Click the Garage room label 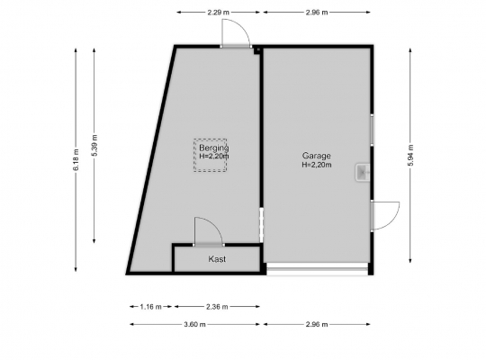pyautogui.click(x=317, y=156)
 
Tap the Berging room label pyautogui.click(x=214, y=148)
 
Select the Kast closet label pyautogui.click(x=217, y=259)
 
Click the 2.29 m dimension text pyautogui.click(x=218, y=13)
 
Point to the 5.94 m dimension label pyautogui.click(x=410, y=156)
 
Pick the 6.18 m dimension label pyautogui.click(x=76, y=159)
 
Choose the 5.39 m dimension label pyautogui.click(x=94, y=146)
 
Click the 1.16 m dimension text pyautogui.click(x=150, y=307)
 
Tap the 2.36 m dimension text pyautogui.click(x=217, y=307)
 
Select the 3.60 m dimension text pyautogui.click(x=194, y=324)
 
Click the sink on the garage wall pyautogui.click(x=362, y=173)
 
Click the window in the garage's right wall pyautogui.click(x=372, y=130)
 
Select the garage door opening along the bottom pyautogui.click(x=318, y=269)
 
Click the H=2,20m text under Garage pyautogui.click(x=317, y=165)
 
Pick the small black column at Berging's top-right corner pyautogui.click(x=256, y=50)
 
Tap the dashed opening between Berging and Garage pyautogui.click(x=261, y=225)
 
